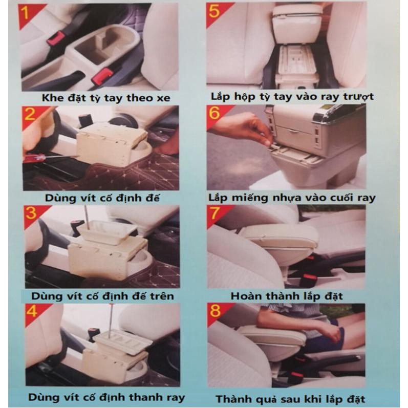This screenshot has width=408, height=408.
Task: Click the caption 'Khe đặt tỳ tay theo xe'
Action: tap(106, 98)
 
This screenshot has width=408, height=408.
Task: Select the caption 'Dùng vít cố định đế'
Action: tap(102, 198)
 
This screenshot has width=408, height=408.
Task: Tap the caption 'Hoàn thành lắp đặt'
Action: tap(287, 296)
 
